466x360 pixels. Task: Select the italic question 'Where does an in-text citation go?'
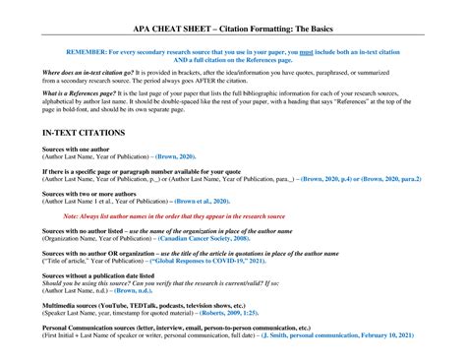[89, 72]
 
